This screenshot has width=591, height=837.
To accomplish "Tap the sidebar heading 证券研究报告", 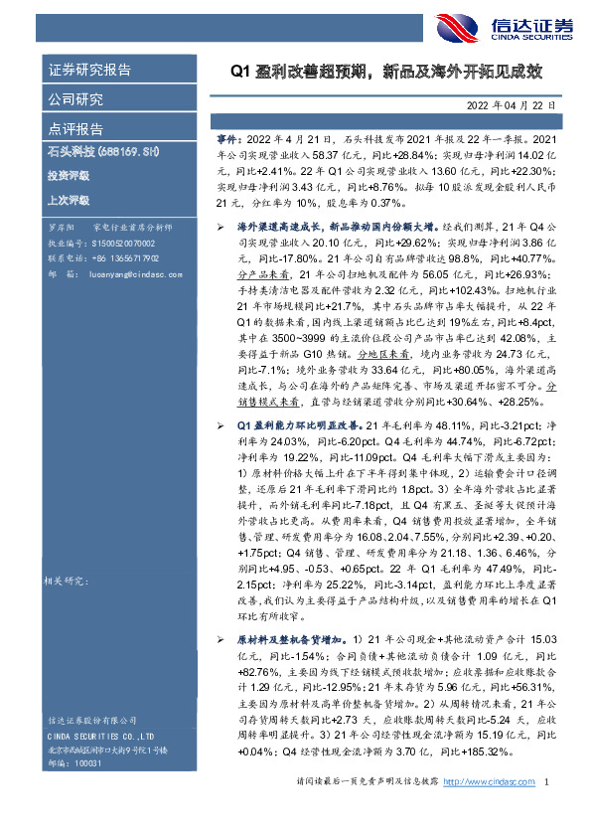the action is (89, 71).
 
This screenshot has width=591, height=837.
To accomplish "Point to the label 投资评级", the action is (68, 175).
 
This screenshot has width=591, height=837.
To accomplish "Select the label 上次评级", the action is (68, 199).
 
